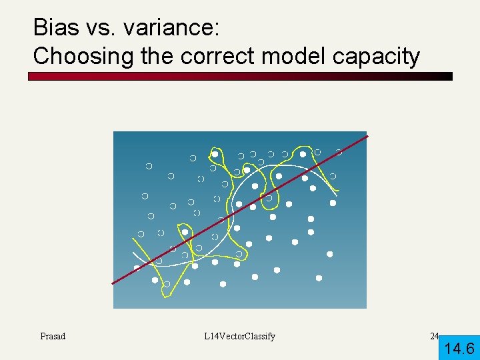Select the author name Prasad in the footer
tap(53, 336)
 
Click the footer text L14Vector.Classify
tap(240, 336)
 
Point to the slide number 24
tap(435, 336)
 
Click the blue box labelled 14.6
tap(459, 347)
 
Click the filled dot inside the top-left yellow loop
tap(215, 154)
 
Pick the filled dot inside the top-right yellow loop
tap(303, 155)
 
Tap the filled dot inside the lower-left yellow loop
tap(155, 280)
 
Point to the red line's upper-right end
tap(366, 137)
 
